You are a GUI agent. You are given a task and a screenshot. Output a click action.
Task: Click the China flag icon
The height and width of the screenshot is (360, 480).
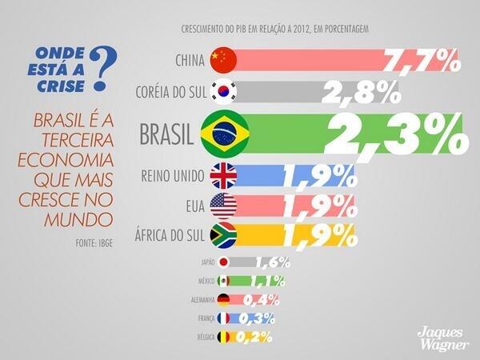pos(222,58)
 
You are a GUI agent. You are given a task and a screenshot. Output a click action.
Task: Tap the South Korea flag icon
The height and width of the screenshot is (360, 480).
pos(222,94)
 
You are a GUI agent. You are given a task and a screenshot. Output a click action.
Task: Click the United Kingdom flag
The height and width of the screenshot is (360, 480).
pos(222,176)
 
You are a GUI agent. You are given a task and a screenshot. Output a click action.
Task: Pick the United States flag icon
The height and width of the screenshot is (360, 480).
pos(222,206)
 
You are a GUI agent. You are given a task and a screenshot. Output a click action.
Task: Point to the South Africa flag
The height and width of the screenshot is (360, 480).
pos(222,235)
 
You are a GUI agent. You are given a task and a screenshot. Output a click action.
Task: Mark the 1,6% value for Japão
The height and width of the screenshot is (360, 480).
pos(273,262)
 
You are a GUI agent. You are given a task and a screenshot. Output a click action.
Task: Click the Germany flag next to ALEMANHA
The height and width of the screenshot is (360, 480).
pos(223,300)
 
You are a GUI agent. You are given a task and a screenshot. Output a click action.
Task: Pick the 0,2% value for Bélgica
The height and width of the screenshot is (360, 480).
pos(255,337)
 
